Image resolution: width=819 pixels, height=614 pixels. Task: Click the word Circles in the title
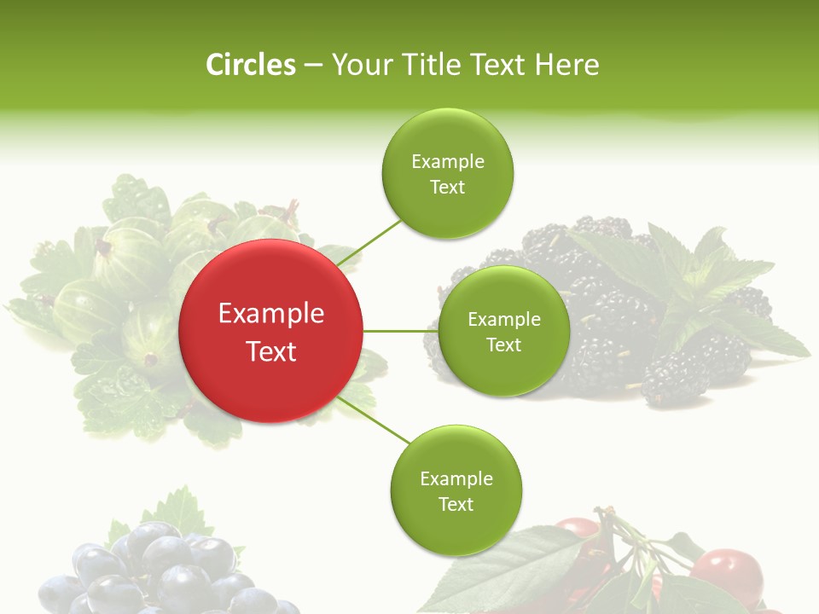250,65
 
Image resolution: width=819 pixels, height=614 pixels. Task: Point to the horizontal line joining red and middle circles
399,331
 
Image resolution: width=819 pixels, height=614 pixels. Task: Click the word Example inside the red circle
271,314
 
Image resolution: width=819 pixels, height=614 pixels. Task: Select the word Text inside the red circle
271,351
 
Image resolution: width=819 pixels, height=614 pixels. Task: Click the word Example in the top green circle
448,161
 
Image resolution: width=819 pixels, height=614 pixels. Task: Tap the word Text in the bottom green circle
456,504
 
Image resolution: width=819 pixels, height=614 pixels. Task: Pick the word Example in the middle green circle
504,319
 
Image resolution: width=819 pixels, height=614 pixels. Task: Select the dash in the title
312,65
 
